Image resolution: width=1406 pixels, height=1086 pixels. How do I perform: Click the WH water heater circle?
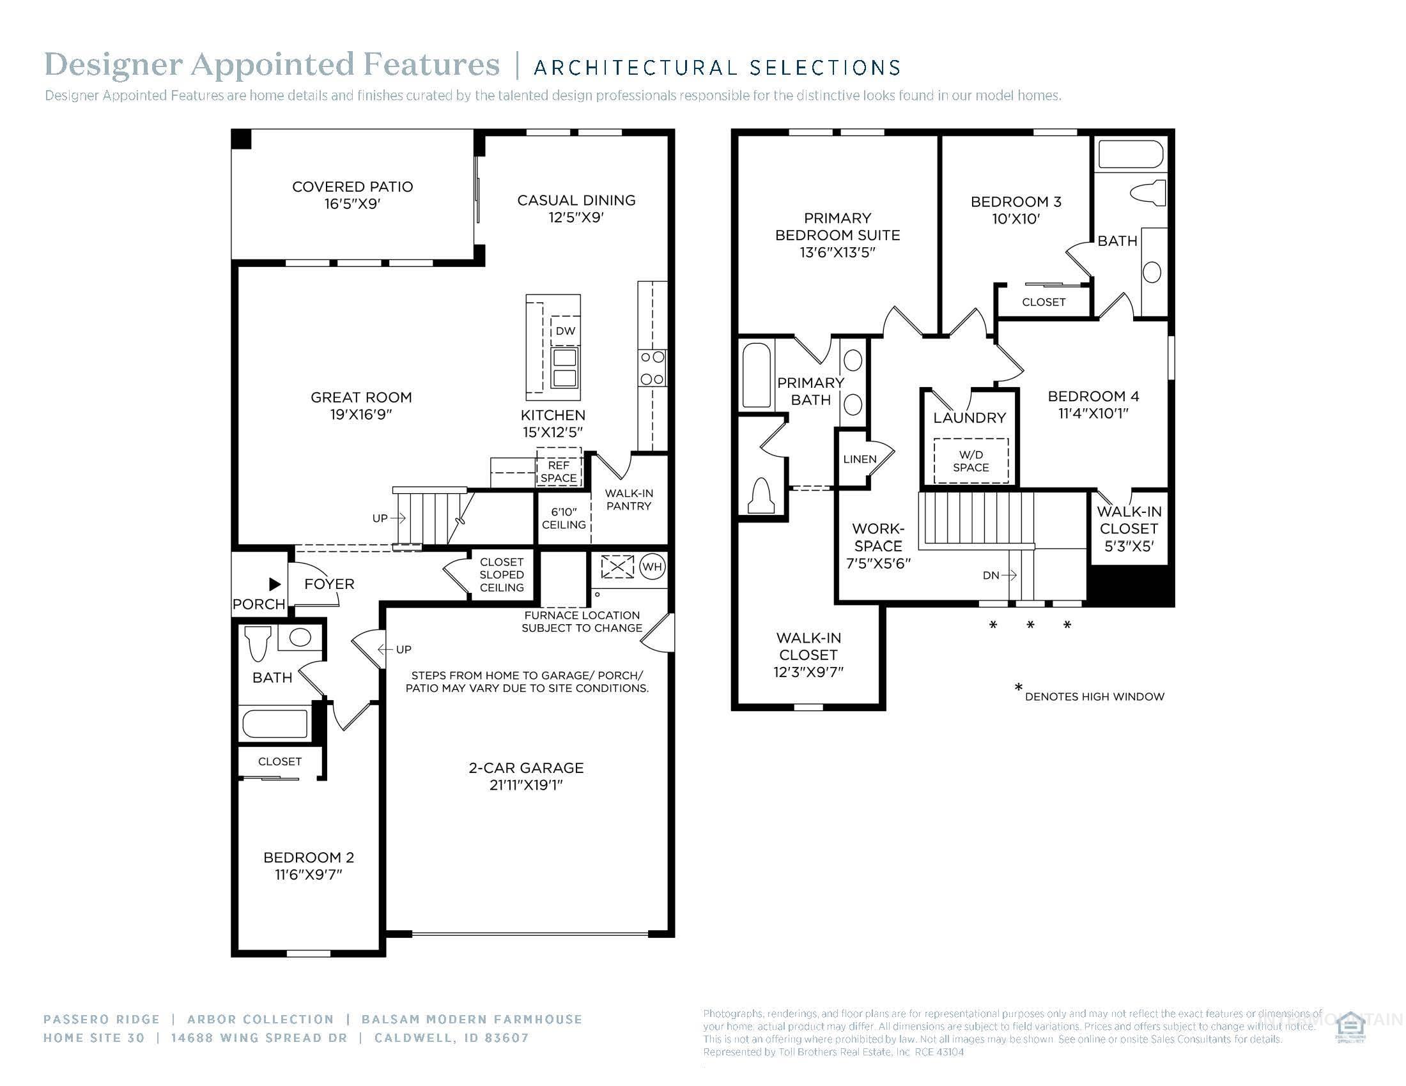tap(651, 567)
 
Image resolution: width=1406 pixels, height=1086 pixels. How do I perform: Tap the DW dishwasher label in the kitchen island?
tap(565, 331)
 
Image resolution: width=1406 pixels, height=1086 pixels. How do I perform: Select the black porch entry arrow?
tap(275, 584)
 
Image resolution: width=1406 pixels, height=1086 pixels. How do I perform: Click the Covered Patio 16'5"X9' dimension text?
tap(352, 204)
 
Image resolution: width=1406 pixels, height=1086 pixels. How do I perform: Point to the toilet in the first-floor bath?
tap(258, 643)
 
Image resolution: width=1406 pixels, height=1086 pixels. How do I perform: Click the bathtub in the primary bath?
tap(756, 376)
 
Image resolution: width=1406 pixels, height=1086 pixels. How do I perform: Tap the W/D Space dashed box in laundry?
tap(971, 461)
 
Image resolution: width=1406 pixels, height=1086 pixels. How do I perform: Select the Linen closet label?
tap(860, 459)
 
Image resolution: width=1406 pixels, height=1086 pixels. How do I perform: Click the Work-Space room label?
tap(878, 537)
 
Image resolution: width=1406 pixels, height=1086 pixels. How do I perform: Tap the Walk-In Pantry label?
tap(628, 500)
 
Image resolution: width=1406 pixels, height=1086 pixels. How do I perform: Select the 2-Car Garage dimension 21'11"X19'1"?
tap(526, 785)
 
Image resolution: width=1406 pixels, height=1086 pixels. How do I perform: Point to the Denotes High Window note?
tap(1093, 696)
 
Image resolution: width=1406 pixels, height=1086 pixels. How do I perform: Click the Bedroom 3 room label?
tap(1016, 202)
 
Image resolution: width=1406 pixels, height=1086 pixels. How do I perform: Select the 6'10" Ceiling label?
tap(563, 518)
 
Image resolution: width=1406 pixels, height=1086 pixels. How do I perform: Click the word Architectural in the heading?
tap(635, 68)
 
